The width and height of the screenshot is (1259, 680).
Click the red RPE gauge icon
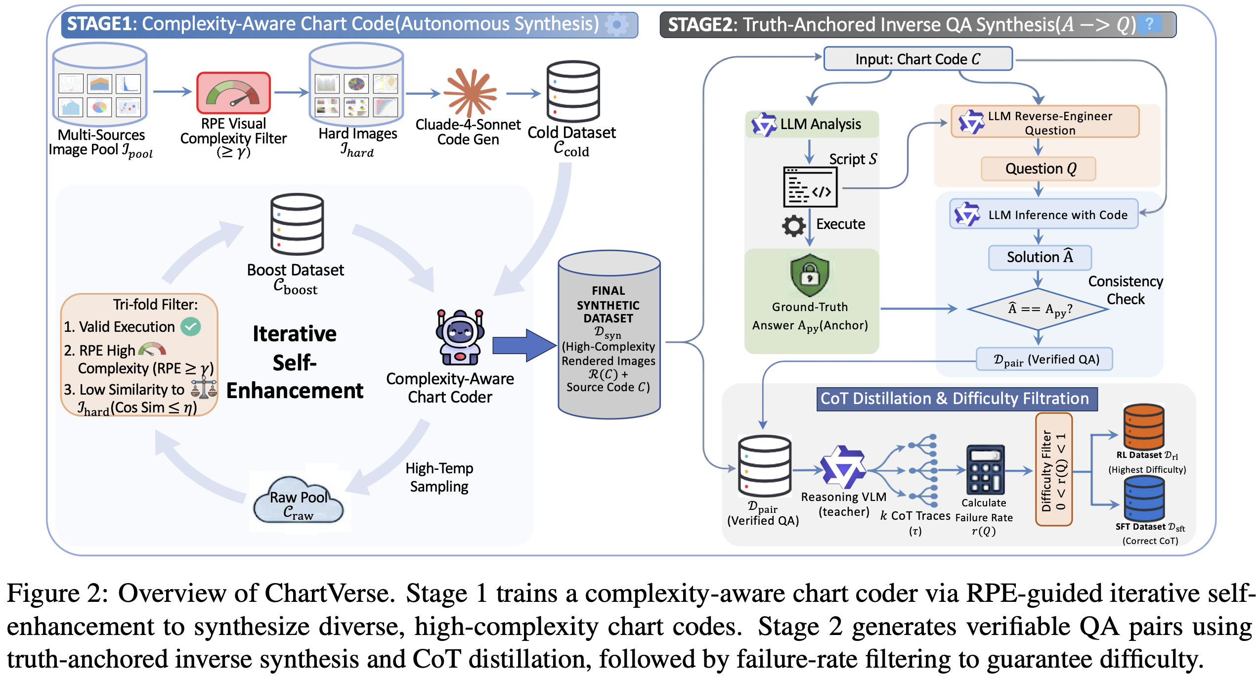click(233, 92)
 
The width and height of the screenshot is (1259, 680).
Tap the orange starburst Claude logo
click(470, 92)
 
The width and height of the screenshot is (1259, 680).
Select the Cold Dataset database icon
click(573, 91)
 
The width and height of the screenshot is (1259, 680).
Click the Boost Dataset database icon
click(297, 224)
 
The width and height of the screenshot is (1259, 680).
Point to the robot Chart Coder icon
click(460, 337)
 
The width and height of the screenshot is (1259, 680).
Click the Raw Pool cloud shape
click(298, 500)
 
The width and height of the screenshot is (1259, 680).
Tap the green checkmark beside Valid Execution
click(191, 326)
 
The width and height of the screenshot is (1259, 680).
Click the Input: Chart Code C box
click(917, 59)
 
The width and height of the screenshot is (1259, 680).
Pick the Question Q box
click(1039, 169)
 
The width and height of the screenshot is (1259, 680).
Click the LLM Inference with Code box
click(1043, 214)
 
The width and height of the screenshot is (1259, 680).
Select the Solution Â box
click(1040, 257)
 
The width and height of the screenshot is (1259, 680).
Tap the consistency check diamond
click(1039, 309)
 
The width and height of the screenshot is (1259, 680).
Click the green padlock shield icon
click(809, 275)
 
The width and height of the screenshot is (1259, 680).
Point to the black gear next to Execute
click(794, 226)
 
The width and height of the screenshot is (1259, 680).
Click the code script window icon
click(810, 187)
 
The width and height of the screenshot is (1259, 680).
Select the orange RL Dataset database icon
click(1143, 426)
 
